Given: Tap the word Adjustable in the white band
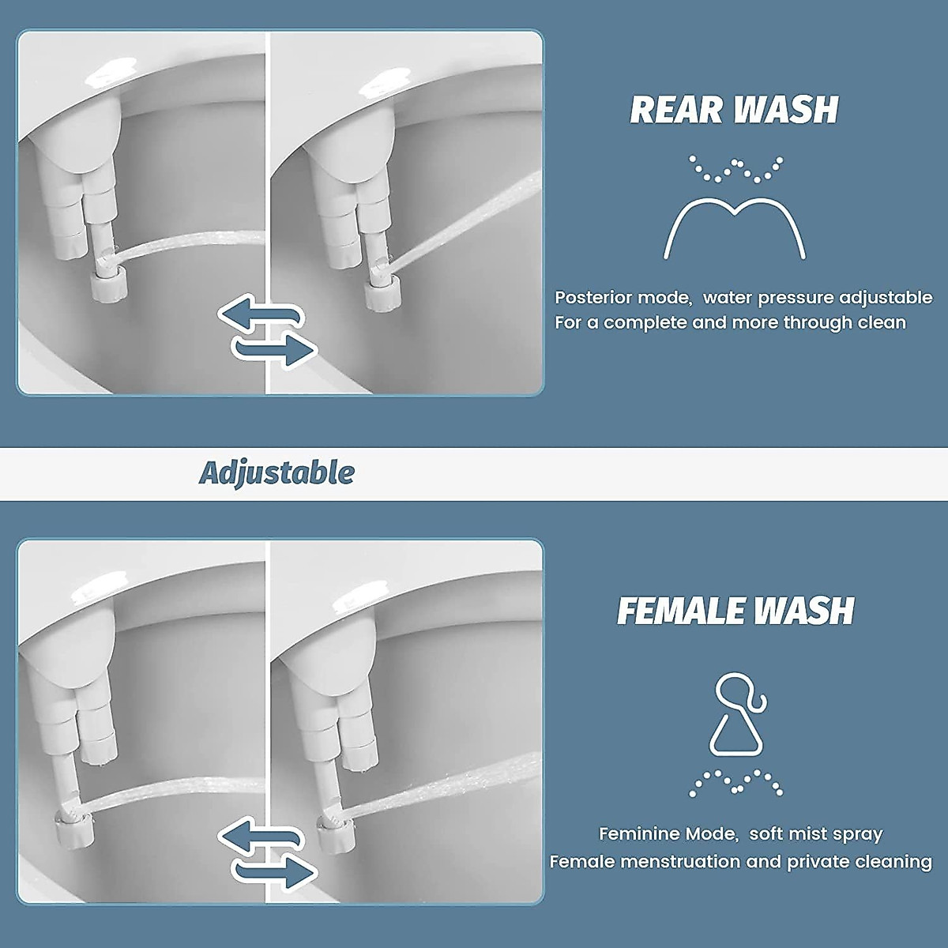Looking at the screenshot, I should (x=276, y=473).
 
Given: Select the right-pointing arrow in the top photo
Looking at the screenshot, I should (x=277, y=348).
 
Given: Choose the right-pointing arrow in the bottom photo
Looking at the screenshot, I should (x=277, y=871).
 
